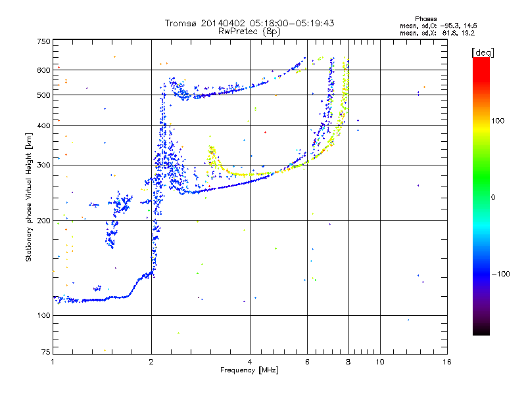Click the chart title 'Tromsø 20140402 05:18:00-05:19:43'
249,23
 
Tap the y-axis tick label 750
43,41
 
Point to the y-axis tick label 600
43,70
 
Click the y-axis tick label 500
43,95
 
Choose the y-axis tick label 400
43,125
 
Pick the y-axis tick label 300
43,165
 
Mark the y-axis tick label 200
43,220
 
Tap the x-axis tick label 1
53,362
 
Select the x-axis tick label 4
250,362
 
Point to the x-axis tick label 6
307,362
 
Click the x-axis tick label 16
446,362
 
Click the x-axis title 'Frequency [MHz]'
249,370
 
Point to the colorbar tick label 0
494,196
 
